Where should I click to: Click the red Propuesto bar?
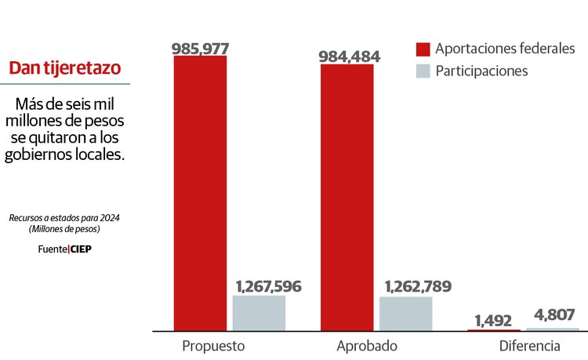[200, 193]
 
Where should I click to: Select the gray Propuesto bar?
[259, 313]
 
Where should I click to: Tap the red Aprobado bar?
[347, 197]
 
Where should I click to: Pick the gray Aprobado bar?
[405, 314]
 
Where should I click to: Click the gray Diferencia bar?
[553, 329]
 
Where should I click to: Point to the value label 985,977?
[200, 48]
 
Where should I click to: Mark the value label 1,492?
[492, 320]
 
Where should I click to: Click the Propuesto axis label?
[213, 346]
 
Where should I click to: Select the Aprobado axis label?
[367, 346]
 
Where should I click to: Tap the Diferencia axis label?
[529, 346]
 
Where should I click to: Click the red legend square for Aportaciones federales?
[423, 49]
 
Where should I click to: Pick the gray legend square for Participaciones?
[423, 71]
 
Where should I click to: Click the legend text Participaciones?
[481, 71]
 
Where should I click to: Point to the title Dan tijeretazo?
[64, 68]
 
